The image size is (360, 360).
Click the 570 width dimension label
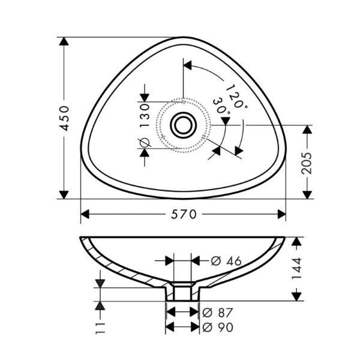click(x=184, y=215)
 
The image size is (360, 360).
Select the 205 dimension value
click(x=307, y=163)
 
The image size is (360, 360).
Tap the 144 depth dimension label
click(x=296, y=268)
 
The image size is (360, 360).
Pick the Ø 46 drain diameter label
click(x=226, y=261)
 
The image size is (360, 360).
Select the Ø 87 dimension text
click(x=218, y=313)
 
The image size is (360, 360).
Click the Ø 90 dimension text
click(x=218, y=328)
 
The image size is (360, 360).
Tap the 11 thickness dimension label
click(x=100, y=328)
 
